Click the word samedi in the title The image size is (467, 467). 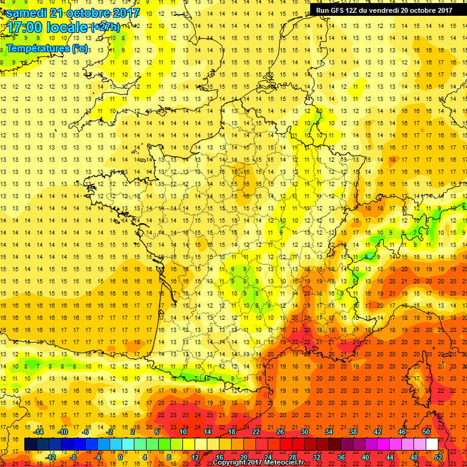28,13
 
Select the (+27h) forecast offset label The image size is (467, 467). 105,27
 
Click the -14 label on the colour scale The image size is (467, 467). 40,432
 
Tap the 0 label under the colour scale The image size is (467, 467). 120,457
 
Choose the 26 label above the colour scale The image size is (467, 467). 280,432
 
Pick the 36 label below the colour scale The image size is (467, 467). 341,457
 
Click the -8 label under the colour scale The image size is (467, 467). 74,457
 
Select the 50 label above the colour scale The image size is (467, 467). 426,432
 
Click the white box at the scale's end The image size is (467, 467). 432,445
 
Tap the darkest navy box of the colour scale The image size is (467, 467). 30,445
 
